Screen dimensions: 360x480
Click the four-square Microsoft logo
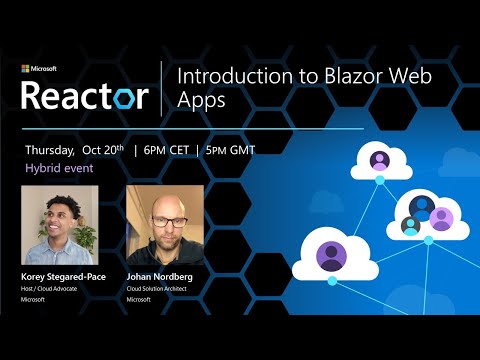coord(25,69)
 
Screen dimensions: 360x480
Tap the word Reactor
coord(85,96)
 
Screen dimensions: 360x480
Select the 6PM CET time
coord(166,150)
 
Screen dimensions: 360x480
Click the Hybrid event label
coord(60,168)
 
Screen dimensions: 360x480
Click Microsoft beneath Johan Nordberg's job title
coord(139,299)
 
